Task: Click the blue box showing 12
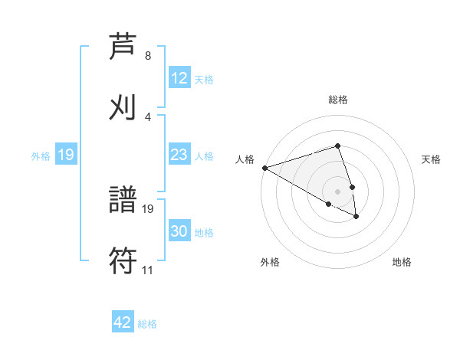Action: (179, 78)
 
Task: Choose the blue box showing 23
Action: (179, 155)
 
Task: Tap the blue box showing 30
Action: (179, 231)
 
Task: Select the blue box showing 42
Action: (123, 322)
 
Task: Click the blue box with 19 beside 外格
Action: (65, 155)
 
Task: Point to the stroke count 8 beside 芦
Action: (147, 56)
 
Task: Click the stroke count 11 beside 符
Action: (147, 270)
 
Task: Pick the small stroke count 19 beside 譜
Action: (149, 208)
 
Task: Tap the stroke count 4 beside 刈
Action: (147, 116)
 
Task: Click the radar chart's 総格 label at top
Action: (338, 100)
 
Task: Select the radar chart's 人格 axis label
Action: (245, 159)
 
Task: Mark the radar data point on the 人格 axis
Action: (264, 168)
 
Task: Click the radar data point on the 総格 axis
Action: (338, 146)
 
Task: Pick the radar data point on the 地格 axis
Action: (356, 217)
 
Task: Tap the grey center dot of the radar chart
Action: (338, 191)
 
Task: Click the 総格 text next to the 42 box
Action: (147, 324)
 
